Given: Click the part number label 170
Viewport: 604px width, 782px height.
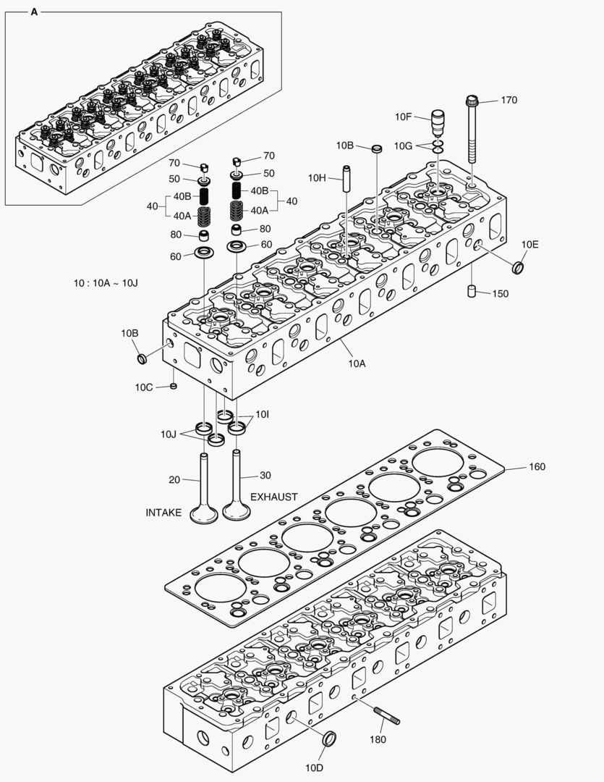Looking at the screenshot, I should point(509,101).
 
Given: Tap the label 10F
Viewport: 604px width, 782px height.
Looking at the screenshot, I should point(403,117).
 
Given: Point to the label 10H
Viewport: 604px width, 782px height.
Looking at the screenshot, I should point(317,177).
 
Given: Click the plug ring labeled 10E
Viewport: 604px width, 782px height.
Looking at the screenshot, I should point(518,268).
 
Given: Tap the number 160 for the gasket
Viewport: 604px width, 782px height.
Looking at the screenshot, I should point(537,467).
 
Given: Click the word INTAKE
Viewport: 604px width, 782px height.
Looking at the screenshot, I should point(163,513).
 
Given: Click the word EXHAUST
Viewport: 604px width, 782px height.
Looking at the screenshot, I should point(273,497).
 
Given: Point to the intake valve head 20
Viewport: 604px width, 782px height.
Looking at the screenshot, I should point(203,515).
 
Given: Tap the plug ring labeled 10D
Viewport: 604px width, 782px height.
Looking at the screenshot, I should point(329,739).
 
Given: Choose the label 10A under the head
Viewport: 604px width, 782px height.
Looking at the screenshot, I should point(356,363).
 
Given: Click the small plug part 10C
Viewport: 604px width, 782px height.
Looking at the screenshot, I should point(174,386).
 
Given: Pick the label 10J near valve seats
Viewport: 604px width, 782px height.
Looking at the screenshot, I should point(169,434).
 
